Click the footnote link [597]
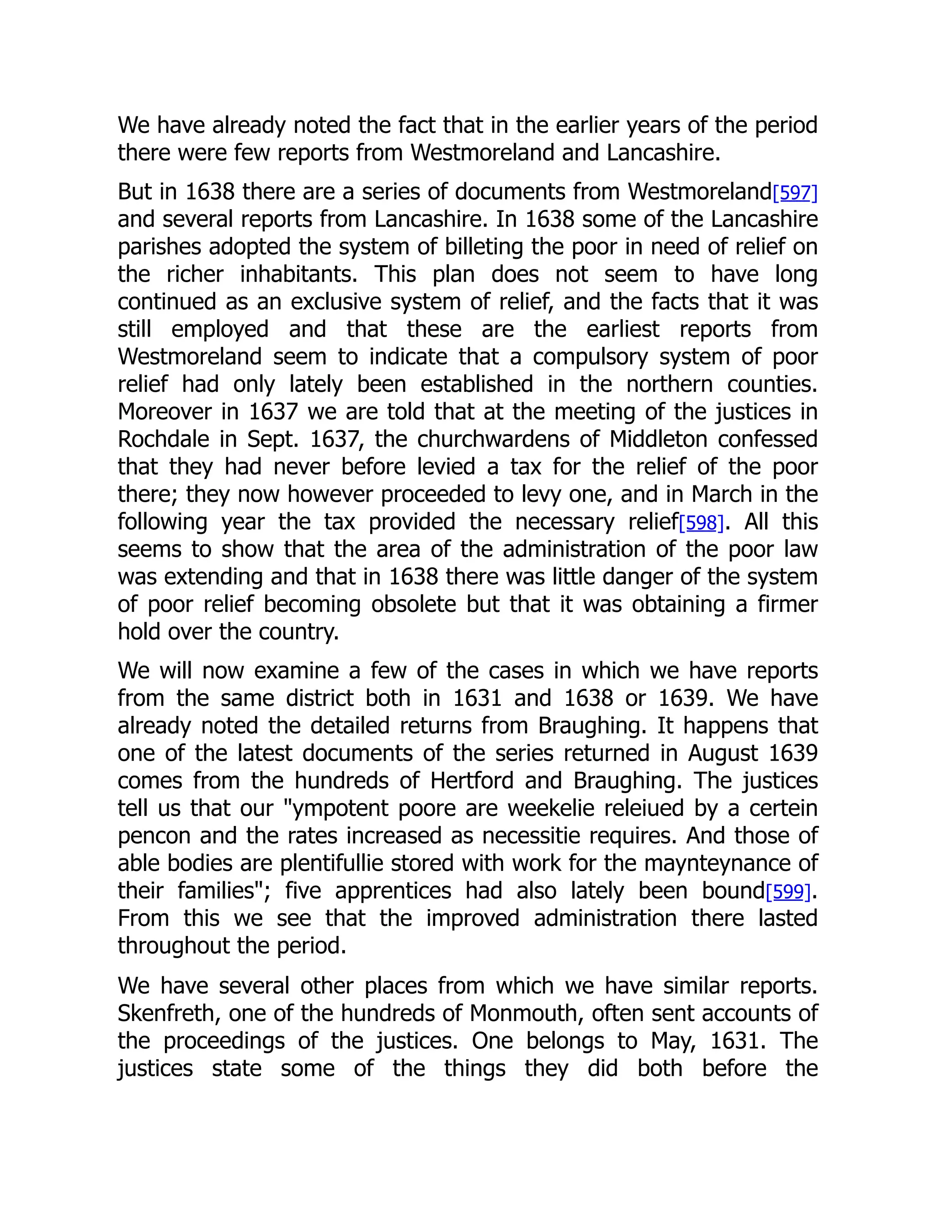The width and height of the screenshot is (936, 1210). coord(795,192)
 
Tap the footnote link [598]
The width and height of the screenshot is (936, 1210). coord(702,522)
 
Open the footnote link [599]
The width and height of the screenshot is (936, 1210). coord(788,891)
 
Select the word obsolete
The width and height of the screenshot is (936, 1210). coord(414,604)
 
